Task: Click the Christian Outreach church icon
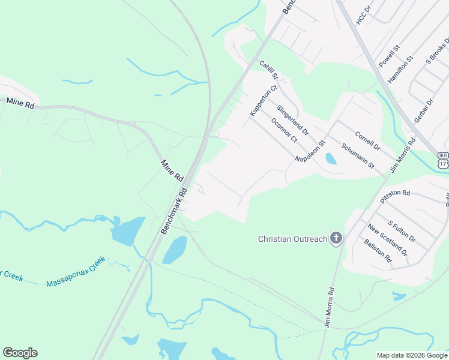(336, 239)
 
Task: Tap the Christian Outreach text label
(292, 239)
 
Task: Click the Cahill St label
(269, 70)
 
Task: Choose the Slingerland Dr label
(292, 120)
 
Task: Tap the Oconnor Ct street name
(284, 130)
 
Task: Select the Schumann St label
(357, 156)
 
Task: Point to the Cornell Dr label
(367, 141)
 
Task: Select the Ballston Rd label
(378, 251)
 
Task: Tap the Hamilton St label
(400, 69)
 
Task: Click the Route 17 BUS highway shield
(442, 159)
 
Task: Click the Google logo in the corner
(20, 353)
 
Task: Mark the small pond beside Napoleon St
(330, 158)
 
